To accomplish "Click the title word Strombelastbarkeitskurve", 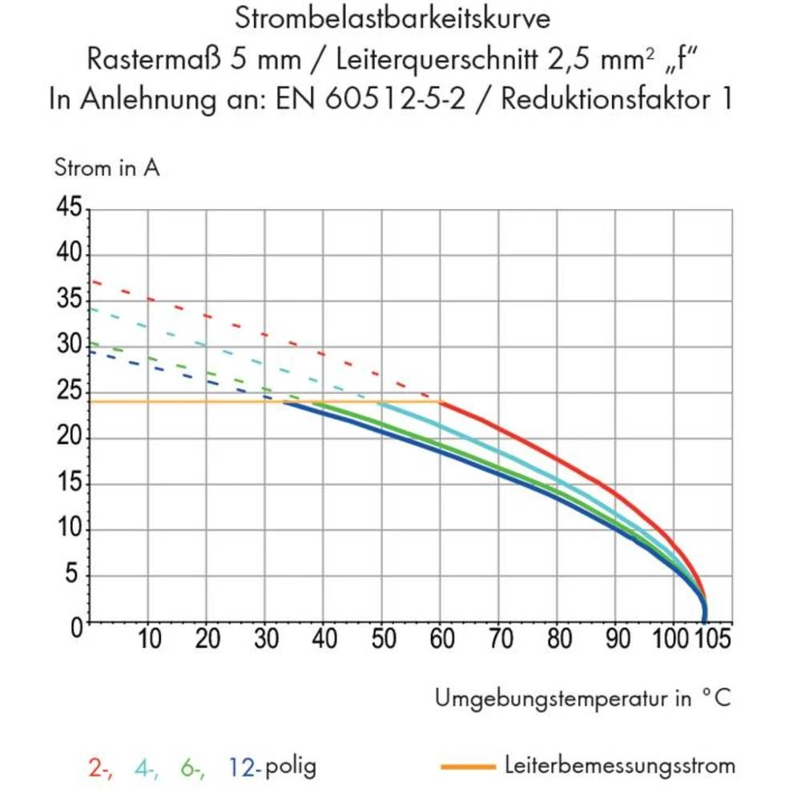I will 392,18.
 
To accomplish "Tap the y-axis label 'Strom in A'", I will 107,169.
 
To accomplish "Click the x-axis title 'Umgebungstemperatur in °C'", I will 582,698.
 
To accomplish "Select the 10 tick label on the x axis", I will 149,640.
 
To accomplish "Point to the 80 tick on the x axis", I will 557,640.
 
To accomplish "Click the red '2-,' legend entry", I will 100,767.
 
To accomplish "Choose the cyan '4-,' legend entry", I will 146,767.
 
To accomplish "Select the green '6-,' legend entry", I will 192,767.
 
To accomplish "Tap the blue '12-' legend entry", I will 244,767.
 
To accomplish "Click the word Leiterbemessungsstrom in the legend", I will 620,766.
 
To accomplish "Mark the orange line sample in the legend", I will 467,767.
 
